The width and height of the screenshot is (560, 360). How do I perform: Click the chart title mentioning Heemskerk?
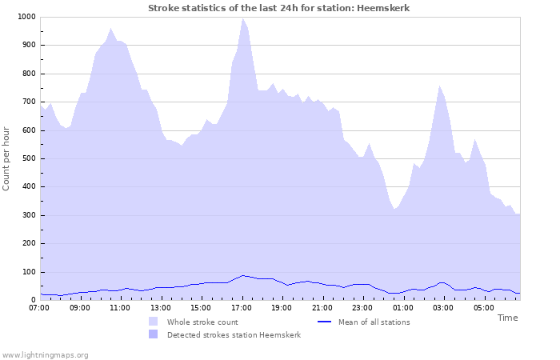point(279,8)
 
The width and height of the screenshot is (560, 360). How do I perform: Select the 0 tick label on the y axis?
point(33,300)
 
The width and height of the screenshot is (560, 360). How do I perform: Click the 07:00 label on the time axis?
point(39,307)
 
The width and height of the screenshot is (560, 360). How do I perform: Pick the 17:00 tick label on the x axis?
point(241,307)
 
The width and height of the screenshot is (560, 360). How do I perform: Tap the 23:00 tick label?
point(362,307)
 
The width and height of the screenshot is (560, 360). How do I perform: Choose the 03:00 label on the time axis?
point(442,307)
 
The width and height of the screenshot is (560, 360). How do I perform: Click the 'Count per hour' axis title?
point(7,158)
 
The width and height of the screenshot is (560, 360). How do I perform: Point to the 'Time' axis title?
point(507,318)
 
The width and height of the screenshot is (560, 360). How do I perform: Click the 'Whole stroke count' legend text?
point(202,322)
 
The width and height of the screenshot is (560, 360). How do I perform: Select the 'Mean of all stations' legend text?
point(374,322)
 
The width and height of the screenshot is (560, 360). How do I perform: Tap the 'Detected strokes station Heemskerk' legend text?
point(234,335)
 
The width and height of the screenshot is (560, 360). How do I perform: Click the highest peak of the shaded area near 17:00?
point(242,18)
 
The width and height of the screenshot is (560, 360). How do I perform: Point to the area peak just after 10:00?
point(111,29)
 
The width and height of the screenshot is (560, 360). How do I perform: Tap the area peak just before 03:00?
point(439,86)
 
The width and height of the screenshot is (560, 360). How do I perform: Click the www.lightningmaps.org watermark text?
point(45,354)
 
